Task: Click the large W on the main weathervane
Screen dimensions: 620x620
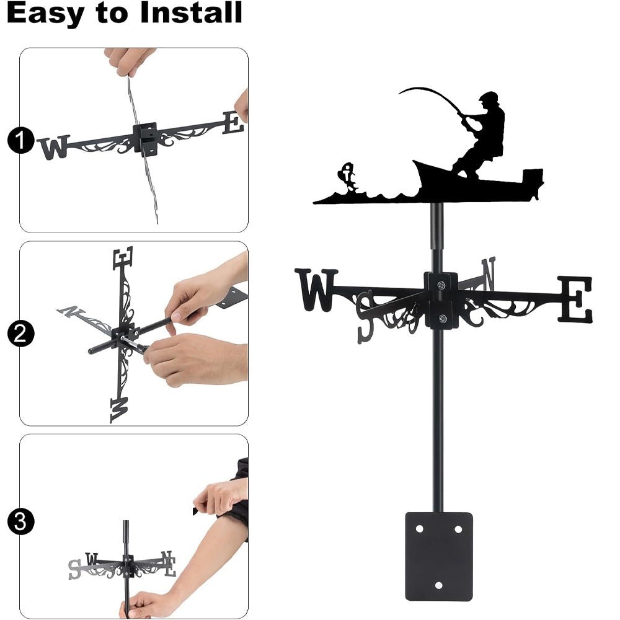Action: (317, 290)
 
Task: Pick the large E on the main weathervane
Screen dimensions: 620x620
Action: (575, 299)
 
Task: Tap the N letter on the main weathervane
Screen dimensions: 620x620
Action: (488, 273)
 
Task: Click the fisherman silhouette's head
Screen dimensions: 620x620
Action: (489, 100)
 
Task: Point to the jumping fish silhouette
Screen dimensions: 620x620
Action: (348, 177)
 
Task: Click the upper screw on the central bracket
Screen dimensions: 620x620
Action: (441, 285)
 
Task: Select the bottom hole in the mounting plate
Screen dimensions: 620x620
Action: (439, 585)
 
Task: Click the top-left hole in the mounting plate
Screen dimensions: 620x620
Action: (420, 529)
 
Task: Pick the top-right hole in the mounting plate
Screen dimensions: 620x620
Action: (458, 529)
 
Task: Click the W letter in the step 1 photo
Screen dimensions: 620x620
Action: (53, 148)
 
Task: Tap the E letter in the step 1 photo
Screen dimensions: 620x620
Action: (233, 122)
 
